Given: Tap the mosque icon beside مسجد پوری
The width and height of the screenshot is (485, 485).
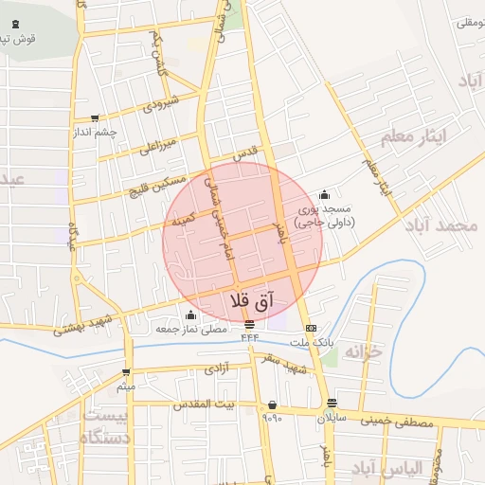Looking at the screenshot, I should click(324, 194).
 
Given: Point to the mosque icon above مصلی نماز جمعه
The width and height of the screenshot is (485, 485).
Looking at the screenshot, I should click(191, 315).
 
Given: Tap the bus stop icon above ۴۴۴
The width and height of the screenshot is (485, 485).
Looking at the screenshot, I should click(249, 325).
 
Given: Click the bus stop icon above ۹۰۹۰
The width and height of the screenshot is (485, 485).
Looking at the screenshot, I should click(272, 404).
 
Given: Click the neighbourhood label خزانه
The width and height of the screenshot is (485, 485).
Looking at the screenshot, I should click(361, 352).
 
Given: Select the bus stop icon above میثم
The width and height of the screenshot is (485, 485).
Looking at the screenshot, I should click(127, 372).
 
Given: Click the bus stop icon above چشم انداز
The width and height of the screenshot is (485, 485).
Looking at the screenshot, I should click(94, 118).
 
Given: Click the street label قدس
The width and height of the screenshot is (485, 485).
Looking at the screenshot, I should click(245, 153).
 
